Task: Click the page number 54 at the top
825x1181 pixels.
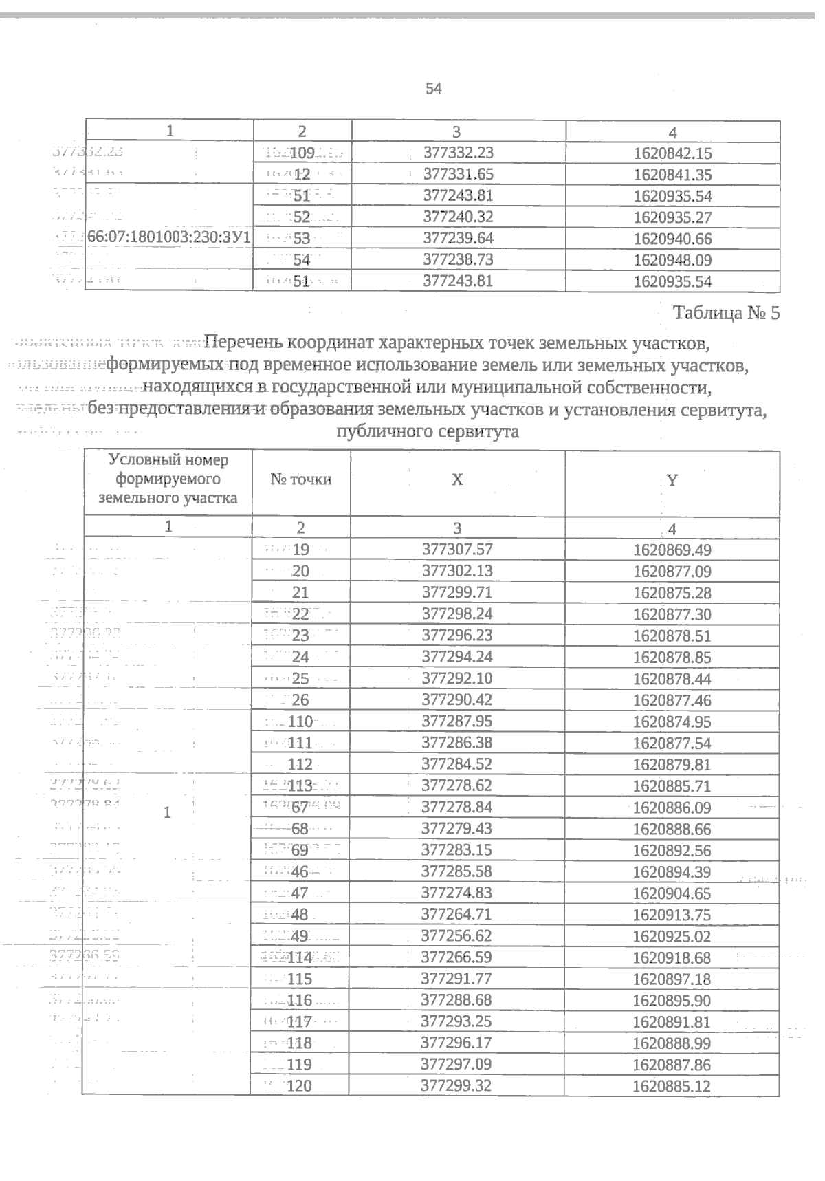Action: [x=433, y=89]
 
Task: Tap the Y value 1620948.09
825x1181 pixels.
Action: [x=672, y=260]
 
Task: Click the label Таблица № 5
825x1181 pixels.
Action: [x=727, y=314]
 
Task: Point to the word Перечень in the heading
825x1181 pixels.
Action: [x=244, y=341]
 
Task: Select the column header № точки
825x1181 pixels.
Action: [x=300, y=479]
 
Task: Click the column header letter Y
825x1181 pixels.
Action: [x=672, y=481]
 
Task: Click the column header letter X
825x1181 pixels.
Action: [x=457, y=480]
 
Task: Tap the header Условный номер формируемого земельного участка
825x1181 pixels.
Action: [x=169, y=479]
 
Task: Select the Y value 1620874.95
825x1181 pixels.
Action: [x=672, y=722]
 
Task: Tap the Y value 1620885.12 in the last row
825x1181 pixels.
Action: [x=672, y=1087]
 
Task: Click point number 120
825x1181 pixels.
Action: [x=301, y=1087]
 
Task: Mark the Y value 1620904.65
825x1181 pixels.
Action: [x=672, y=893]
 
